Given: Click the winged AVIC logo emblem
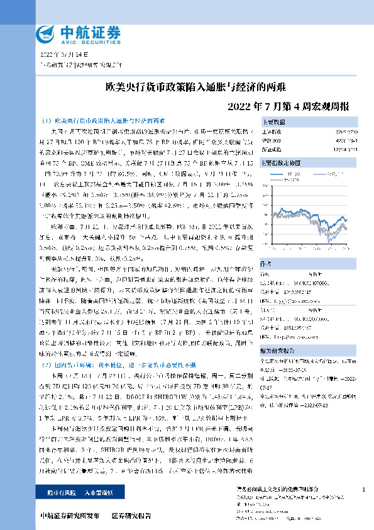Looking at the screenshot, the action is click(x=45, y=33).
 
